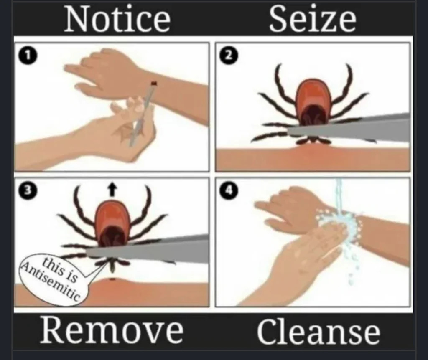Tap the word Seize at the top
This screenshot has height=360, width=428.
click(313, 18)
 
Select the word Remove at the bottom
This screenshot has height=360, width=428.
click(112, 330)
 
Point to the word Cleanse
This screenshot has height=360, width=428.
click(318, 331)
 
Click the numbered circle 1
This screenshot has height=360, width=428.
click(27, 56)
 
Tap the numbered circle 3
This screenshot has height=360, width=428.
click(27, 190)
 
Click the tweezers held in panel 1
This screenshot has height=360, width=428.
click(142, 114)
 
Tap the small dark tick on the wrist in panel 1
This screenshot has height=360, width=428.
click(154, 83)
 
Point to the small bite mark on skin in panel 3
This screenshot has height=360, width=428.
click(112, 279)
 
